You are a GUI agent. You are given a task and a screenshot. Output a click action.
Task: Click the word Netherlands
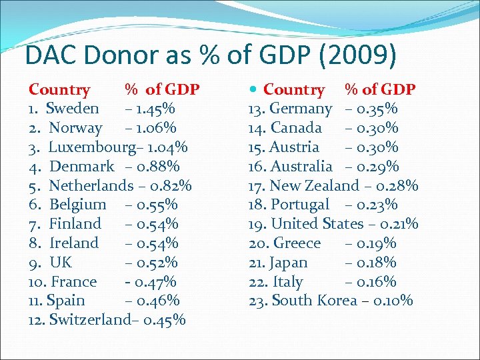click(91, 185)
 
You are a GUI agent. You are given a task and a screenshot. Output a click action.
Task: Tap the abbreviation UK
click(61, 262)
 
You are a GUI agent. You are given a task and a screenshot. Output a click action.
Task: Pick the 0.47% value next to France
click(155, 281)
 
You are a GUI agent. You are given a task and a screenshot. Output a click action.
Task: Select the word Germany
click(301, 108)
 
